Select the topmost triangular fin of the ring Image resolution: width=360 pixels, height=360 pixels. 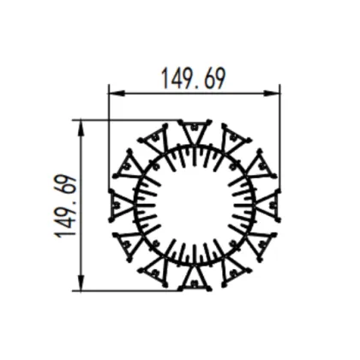tap(194, 131)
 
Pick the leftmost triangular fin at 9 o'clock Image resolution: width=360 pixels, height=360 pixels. tap(119, 206)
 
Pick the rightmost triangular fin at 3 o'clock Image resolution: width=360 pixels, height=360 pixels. tap(268, 206)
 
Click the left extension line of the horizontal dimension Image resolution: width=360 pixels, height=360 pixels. tap(107, 129)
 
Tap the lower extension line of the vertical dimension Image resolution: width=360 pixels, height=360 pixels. tap(129, 291)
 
